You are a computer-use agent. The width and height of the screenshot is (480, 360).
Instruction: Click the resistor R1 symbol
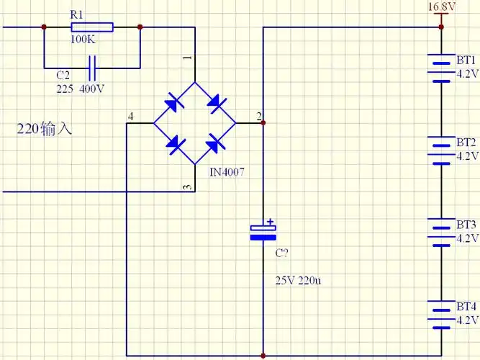91,27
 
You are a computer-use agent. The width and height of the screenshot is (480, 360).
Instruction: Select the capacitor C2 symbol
91,68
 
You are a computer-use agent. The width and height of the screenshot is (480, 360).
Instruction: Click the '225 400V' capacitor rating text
80,89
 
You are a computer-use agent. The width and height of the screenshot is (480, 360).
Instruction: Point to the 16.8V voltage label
442,7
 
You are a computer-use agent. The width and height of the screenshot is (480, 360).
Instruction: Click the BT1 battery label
466,59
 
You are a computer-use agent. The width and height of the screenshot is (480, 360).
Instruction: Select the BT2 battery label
466,142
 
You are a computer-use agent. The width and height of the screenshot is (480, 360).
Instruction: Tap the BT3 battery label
466,224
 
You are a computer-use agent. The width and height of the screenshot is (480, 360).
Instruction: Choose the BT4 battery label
466,306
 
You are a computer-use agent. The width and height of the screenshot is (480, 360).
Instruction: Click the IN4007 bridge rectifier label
227,174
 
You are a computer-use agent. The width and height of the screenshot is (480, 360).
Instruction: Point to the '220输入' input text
45,130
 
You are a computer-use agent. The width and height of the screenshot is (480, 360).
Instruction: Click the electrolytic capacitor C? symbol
263,233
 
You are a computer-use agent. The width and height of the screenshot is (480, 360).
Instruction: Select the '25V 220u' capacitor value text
298,280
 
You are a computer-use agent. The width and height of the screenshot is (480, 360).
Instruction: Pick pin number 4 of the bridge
130,117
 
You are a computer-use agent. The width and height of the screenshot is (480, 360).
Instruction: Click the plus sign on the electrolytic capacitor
270,222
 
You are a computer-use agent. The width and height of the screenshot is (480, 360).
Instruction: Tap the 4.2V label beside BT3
467,238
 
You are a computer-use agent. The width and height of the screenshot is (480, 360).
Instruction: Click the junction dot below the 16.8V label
442,27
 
